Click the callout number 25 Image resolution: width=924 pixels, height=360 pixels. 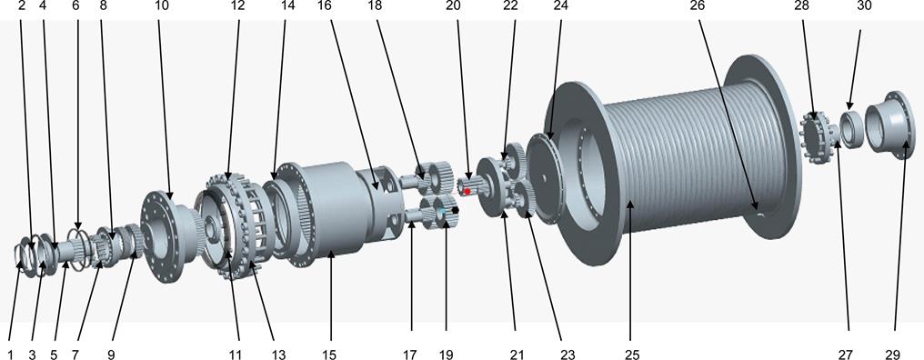[632, 355]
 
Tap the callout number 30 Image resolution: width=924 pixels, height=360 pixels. [865, 5]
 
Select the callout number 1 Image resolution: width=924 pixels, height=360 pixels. [9, 355]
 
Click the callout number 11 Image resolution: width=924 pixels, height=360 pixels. [235, 355]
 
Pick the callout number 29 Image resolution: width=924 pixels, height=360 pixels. [893, 355]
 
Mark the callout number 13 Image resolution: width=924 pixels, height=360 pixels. [278, 355]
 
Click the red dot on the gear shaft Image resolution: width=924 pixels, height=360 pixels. [467, 192]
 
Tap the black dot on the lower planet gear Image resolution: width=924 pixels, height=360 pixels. [455, 210]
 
